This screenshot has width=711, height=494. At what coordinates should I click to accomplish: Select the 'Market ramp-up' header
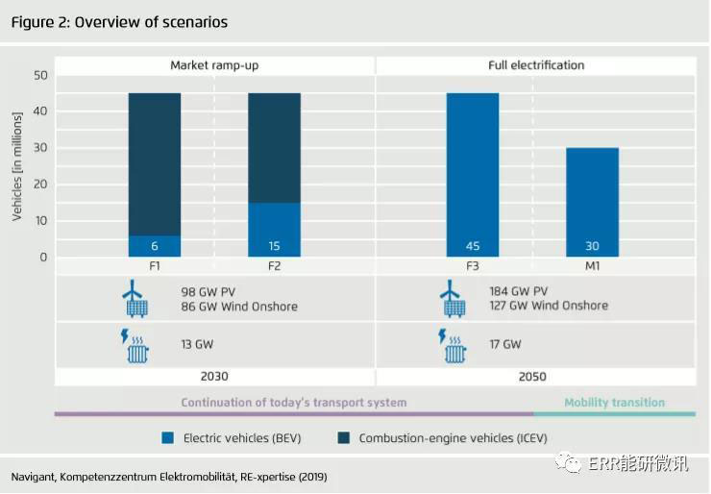click(x=213, y=65)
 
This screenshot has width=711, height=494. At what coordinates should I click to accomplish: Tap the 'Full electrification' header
click(x=535, y=65)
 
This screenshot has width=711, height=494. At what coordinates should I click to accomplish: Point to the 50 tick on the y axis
click(x=40, y=75)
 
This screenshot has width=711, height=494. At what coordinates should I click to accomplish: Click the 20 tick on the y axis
click(x=40, y=185)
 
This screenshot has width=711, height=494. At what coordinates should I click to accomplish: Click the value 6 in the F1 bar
click(x=154, y=246)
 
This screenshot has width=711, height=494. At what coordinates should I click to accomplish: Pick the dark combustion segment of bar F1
click(x=154, y=163)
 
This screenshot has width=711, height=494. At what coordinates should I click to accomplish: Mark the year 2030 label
click(x=213, y=377)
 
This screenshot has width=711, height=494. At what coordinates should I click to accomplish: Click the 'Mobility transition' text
click(x=614, y=403)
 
